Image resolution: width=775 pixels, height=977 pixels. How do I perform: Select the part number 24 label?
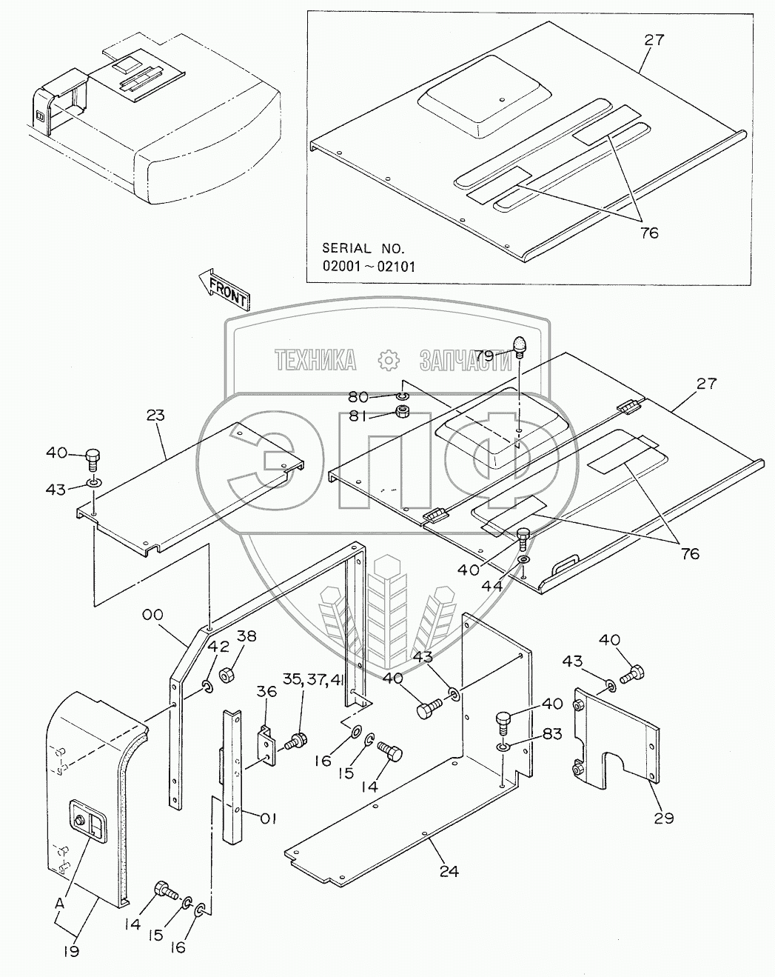click(x=449, y=871)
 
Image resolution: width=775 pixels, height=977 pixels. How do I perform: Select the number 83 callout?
click(x=552, y=734)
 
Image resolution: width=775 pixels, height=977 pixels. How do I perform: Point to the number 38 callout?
click(x=246, y=635)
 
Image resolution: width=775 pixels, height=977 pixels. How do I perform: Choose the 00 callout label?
click(x=154, y=615)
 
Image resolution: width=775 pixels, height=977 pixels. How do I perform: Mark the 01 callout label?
click(x=268, y=818)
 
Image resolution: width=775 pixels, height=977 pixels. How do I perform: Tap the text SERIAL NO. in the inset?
click(x=363, y=249)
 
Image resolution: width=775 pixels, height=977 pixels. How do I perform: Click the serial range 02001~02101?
click(x=368, y=266)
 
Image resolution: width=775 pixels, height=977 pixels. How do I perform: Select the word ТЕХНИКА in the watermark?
click(x=315, y=361)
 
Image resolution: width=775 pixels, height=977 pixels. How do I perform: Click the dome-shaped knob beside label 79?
click(x=520, y=346)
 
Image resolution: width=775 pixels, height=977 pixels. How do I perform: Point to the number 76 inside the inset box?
click(x=648, y=233)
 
